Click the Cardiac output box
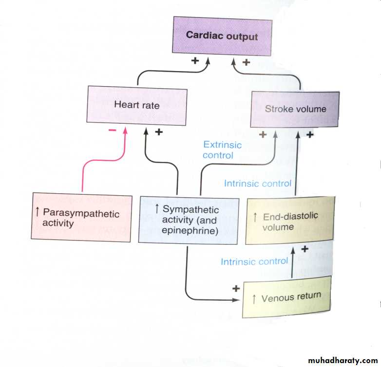coord(222,36)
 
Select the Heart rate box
coord(136,105)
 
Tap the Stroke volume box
coord(295,109)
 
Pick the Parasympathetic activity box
coord(81,218)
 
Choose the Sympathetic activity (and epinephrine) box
coord(189,220)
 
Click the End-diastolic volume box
coord(290,220)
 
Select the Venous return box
coord(286,297)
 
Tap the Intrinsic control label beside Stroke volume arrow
coord(257,183)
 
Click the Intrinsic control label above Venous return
coord(254,261)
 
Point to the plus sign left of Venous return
coord(236,288)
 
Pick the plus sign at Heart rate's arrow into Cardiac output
coord(195,61)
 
